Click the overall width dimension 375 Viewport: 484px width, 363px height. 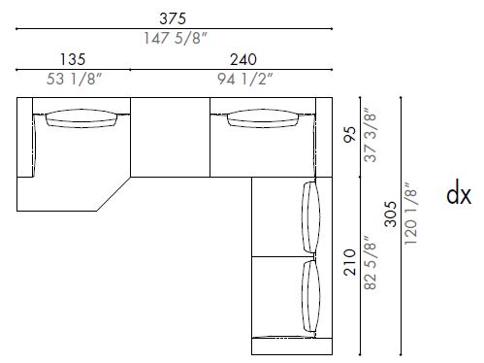pos(174,17)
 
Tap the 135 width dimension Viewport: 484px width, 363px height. pos(73,58)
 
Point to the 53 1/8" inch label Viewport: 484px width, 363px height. pos(73,79)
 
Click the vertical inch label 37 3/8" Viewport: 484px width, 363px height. pos(369,137)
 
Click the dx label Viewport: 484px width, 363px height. pos(459,196)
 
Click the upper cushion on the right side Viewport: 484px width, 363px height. pos(309,218)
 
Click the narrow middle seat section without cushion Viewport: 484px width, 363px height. pos(170,138)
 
